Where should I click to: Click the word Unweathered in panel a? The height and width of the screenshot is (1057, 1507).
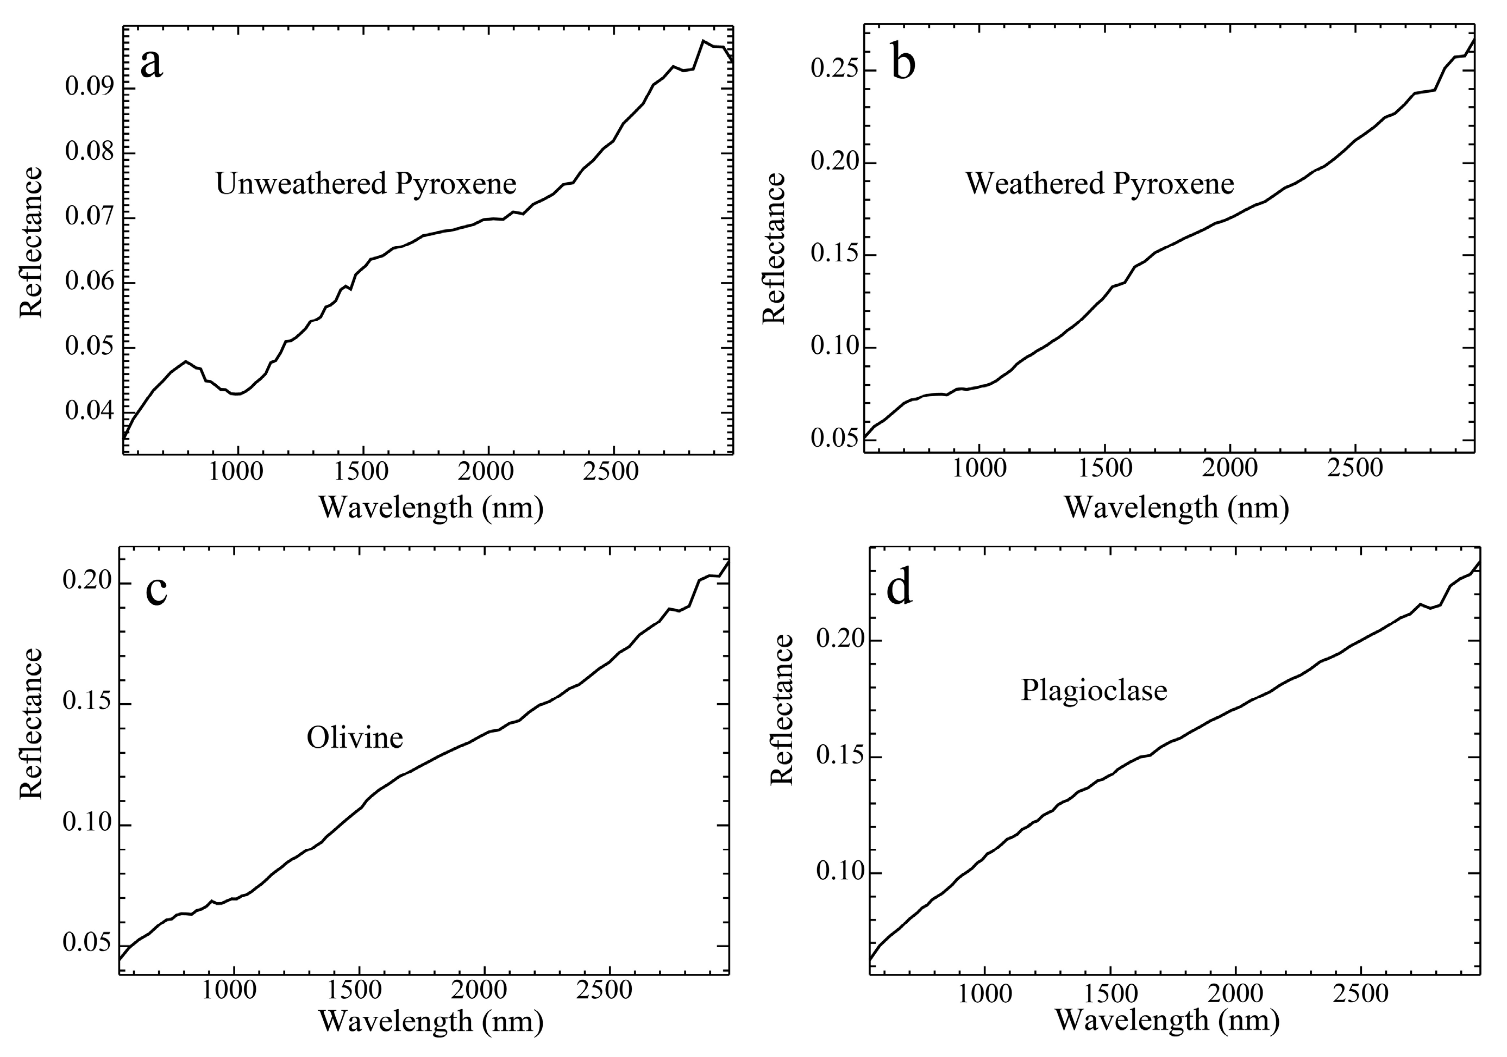pyautogui.click(x=300, y=184)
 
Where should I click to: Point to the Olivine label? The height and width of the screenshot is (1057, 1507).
pyautogui.click(x=354, y=739)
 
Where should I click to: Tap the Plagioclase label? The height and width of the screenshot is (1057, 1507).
pyautogui.click(x=1094, y=691)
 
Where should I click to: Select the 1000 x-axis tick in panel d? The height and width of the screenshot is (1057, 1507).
pyautogui.click(x=984, y=994)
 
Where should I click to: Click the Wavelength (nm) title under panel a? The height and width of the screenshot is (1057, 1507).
pyautogui.click(x=431, y=508)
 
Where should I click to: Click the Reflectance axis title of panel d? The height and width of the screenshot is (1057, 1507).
pyautogui.click(x=782, y=710)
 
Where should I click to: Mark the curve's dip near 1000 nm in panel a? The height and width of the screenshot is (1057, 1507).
pyautogui.click(x=236, y=394)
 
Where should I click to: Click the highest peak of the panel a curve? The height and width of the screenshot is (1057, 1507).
pyautogui.click(x=703, y=41)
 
